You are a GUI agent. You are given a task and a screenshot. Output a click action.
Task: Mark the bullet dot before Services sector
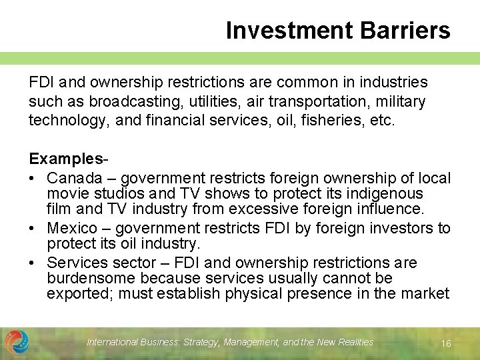coord(33,263)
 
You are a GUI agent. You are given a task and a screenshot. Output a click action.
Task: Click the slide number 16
coord(446,343)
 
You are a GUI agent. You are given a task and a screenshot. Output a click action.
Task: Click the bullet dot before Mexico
coord(33,229)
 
